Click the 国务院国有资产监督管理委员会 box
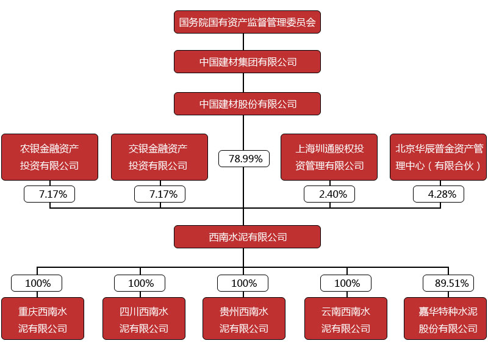click(x=247, y=22)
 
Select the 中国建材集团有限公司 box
click(x=247, y=62)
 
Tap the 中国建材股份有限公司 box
click(x=247, y=104)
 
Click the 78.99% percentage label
click(x=245, y=159)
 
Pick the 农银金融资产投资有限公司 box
click(x=49, y=157)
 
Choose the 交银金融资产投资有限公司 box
click(x=159, y=157)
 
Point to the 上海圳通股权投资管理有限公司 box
click(x=329, y=157)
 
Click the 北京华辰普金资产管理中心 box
click(x=438, y=157)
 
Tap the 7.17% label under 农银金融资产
click(x=49, y=194)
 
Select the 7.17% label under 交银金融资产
click(x=159, y=194)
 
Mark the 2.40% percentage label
click(x=329, y=194)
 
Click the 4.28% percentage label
click(x=438, y=194)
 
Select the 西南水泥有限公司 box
click(x=247, y=237)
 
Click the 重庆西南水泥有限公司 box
click(x=43, y=319)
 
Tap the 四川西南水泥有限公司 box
click(x=144, y=319)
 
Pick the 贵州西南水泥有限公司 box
click(x=244, y=319)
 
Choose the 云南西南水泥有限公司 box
click(x=345, y=319)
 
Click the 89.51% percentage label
click(x=448, y=283)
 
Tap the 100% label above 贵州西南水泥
click(x=244, y=283)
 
